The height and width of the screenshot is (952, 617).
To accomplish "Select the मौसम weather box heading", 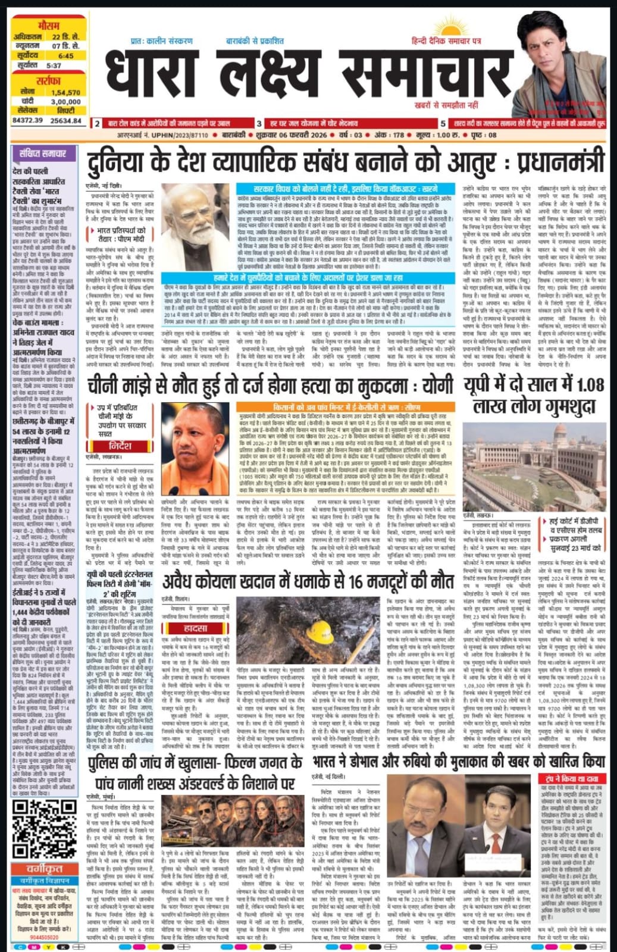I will [49, 26].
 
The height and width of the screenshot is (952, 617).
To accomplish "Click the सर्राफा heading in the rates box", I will [49, 81].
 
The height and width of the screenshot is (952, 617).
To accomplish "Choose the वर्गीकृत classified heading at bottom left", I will [46, 869].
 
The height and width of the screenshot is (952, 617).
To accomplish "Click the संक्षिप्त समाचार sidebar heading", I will [43, 154].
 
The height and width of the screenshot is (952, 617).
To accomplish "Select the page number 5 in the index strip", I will [443, 124].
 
